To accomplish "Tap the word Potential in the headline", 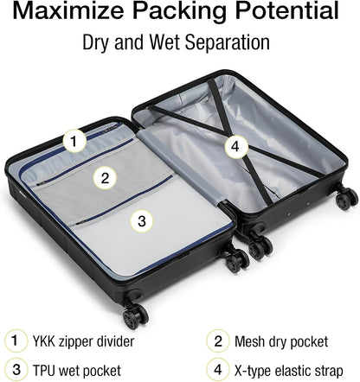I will tap(286, 13).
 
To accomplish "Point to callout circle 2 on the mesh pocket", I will tap(105, 179).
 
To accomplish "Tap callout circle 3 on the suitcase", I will tap(142, 220).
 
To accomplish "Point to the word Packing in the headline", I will tap(181, 13).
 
